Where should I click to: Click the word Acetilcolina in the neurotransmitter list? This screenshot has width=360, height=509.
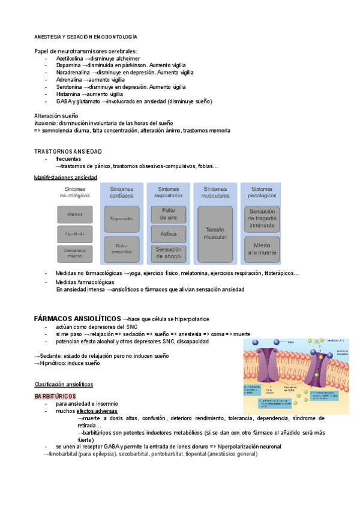tap(69, 59)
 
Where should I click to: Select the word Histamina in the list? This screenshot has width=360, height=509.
tap(68, 94)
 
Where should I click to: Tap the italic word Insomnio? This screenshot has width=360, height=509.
tap(45, 123)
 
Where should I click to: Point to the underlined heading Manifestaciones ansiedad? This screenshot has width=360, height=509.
tap(65, 178)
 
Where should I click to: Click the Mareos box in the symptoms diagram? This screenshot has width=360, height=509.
tap(75, 214)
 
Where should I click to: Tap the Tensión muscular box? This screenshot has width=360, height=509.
tap(214, 233)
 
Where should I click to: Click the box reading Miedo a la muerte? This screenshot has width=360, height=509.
tap(262, 249)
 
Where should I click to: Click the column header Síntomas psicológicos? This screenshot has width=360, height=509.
tap(262, 192)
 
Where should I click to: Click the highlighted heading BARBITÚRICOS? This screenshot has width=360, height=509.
tap(55, 397)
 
